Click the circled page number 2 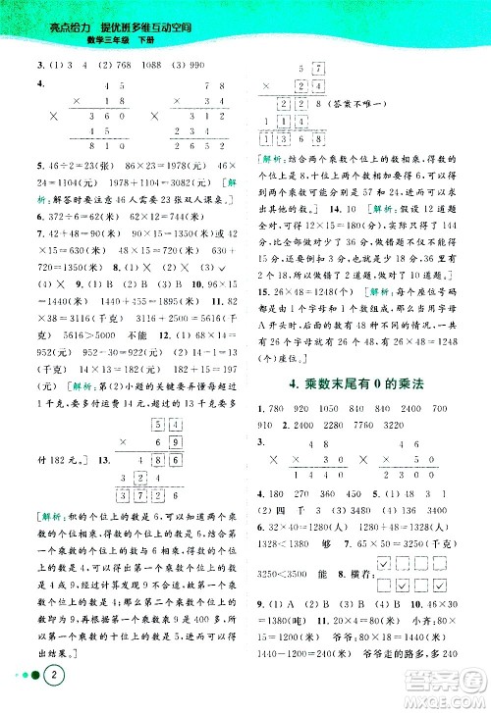32,677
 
